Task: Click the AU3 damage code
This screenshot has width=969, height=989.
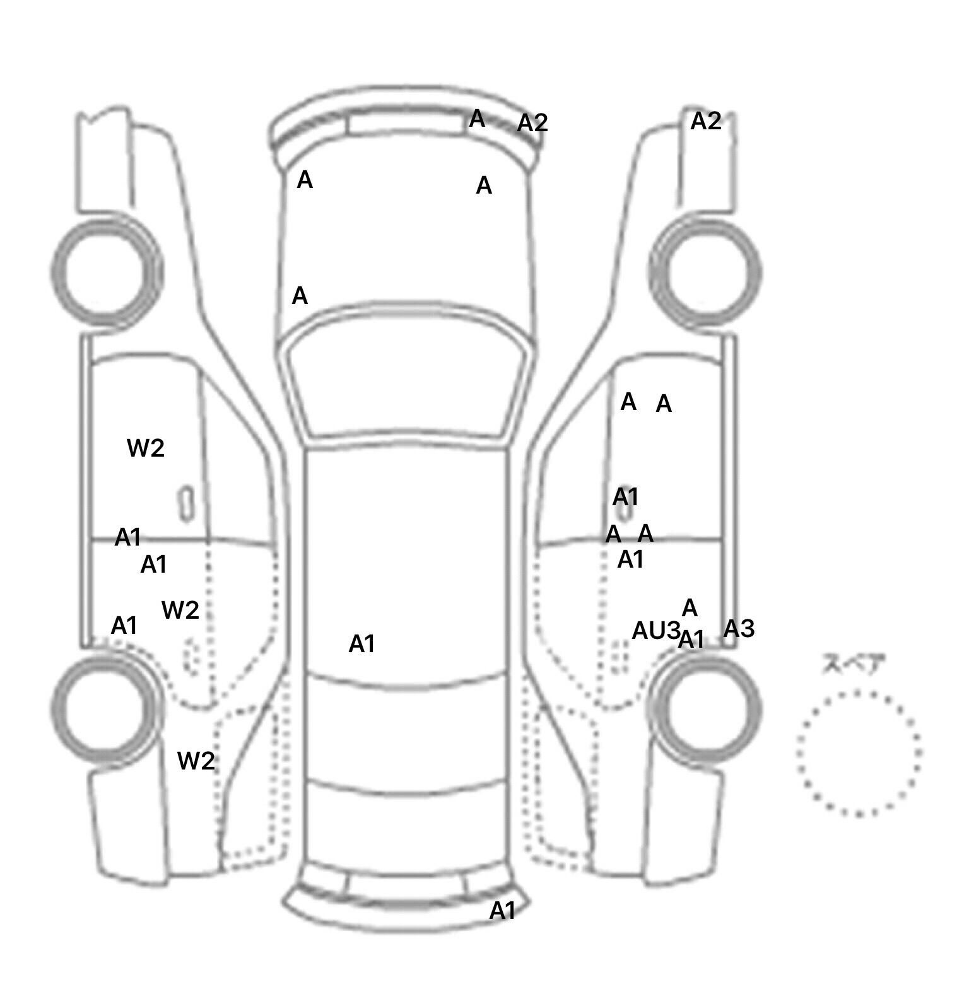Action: [655, 630]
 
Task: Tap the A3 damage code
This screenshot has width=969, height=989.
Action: [739, 628]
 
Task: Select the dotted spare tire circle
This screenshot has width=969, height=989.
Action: [859, 752]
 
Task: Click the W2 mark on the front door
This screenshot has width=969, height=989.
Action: [146, 448]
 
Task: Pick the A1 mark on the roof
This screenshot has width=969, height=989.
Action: [362, 644]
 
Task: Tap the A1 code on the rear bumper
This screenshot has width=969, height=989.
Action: [503, 910]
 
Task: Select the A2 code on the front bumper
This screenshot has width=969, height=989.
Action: [532, 123]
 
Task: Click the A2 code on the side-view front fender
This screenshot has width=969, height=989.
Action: [705, 121]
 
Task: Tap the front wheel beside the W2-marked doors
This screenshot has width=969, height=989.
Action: [106, 271]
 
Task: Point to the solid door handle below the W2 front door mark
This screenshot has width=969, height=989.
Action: [186, 504]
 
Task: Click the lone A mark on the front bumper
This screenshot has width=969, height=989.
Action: [477, 119]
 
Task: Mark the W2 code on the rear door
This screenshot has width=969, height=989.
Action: [180, 610]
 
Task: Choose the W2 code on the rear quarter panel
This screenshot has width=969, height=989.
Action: [196, 761]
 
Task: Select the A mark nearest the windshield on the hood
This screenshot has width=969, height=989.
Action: [300, 296]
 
